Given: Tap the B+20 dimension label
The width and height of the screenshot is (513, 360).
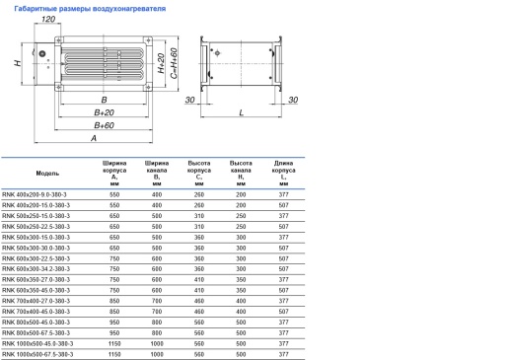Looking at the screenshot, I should (x=102, y=113).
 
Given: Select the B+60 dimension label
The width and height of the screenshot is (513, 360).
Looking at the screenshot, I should (x=102, y=126).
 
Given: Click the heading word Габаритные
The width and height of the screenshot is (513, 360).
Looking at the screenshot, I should (x=37, y=8).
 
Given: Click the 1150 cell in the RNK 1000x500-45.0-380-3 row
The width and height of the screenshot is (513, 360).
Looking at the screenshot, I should (x=114, y=342).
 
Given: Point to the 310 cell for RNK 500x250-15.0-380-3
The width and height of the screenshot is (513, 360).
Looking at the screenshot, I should (x=199, y=216).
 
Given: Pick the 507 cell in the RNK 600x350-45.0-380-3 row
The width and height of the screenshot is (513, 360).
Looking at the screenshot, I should (x=284, y=290).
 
